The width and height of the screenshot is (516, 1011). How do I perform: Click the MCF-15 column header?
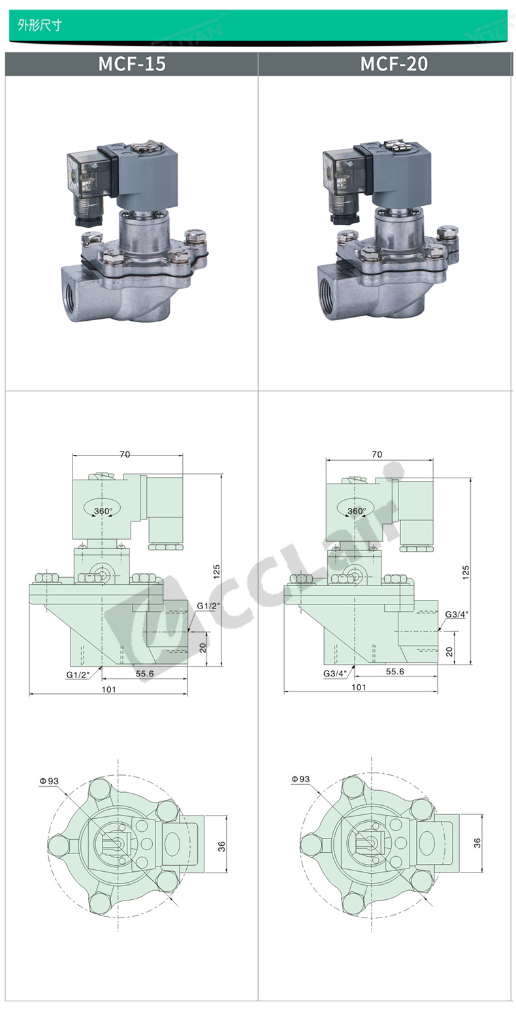(132, 63)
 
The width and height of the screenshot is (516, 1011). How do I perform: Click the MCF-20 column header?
(394, 63)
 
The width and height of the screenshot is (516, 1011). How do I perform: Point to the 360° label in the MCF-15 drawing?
(103, 511)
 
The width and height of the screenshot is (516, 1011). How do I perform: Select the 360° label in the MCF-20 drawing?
(357, 511)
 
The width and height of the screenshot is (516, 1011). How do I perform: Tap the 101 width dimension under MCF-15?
(108, 689)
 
